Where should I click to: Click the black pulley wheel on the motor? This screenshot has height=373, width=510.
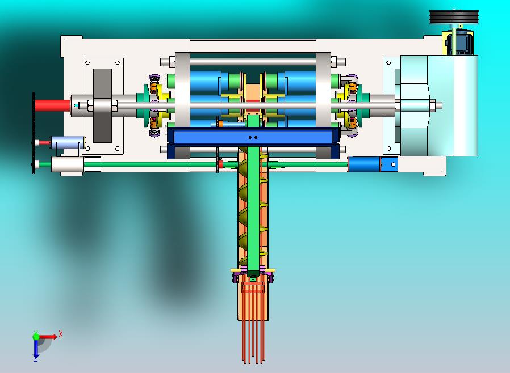454,17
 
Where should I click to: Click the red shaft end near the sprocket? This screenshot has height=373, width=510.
52,105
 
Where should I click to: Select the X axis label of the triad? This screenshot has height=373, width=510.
61,334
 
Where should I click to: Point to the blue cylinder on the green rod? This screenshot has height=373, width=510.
363,164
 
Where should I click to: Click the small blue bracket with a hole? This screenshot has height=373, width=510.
389,164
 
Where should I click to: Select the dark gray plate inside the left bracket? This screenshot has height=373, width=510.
102,105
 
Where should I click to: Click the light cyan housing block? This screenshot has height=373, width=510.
439,105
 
